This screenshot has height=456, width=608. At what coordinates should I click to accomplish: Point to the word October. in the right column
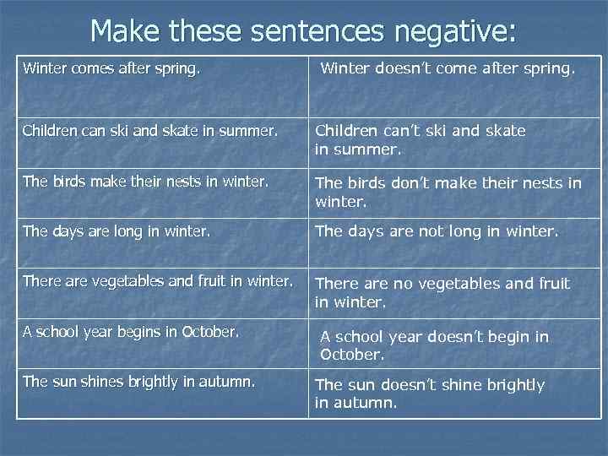pyautogui.click(x=352, y=355)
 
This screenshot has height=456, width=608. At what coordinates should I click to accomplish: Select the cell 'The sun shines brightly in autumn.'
pyautogui.click(x=138, y=381)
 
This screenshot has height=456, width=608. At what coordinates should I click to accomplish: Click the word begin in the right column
pyautogui.click(x=508, y=337)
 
